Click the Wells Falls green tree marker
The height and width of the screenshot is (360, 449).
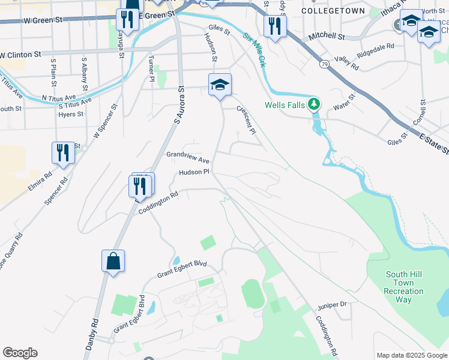tap(313, 104)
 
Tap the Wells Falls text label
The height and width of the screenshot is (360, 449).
tap(286, 105)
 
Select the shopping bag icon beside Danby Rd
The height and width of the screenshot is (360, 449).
tap(113, 262)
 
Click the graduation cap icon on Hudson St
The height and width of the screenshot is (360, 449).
tap(220, 85)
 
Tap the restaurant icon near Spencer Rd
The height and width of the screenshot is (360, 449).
tap(63, 152)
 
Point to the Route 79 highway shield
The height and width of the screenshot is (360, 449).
tap(324, 64)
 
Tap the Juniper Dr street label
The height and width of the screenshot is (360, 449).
tap(334, 304)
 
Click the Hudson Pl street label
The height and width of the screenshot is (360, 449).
tap(193, 172)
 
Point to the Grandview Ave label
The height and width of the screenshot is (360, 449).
tap(188, 157)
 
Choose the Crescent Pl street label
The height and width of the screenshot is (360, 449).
tap(247, 120)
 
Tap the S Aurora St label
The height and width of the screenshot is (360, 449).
tap(178, 106)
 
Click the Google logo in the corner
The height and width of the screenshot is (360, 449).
tap(20, 353)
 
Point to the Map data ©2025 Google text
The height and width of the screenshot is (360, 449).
tap(411, 355)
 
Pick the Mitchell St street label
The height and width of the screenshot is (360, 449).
tap(327, 37)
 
